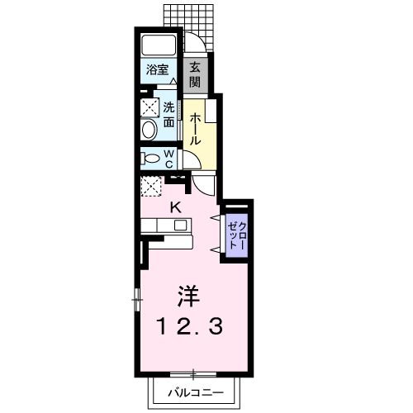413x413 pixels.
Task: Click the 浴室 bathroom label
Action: [x=158, y=70]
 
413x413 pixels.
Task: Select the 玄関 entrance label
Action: [x=196, y=74]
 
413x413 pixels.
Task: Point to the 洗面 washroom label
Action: [x=169, y=114]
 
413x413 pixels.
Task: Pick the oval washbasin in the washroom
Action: [x=150, y=131]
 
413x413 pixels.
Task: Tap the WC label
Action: [x=169, y=159]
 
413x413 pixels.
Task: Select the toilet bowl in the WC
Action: [x=151, y=158]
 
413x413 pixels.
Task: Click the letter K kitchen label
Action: [x=176, y=206]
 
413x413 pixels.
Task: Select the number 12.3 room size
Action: [x=192, y=326]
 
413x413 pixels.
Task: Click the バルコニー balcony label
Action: [x=197, y=391]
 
